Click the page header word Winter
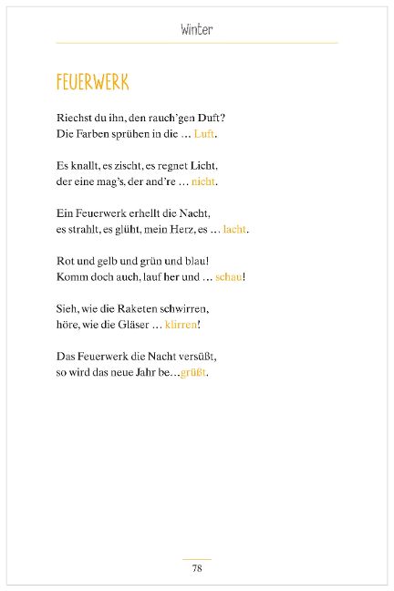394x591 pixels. coord(196,30)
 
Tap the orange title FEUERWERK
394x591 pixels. coord(92,83)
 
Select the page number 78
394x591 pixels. coord(196,568)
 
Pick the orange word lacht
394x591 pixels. coord(234,229)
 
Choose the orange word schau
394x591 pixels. coord(228,276)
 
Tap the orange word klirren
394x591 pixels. coord(181,324)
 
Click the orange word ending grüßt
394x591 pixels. coord(193,372)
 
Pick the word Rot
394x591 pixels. coord(66,261)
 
